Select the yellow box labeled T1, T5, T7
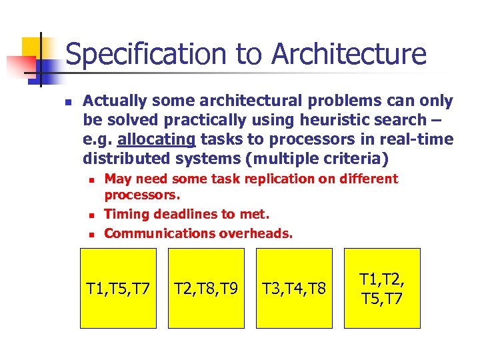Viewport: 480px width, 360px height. click(118, 288)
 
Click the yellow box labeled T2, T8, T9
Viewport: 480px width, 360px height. click(206, 288)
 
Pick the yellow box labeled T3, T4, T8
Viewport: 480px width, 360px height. click(294, 288)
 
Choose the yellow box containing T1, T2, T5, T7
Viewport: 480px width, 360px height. click(382, 288)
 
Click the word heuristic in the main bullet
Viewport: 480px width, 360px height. click(342, 120)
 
